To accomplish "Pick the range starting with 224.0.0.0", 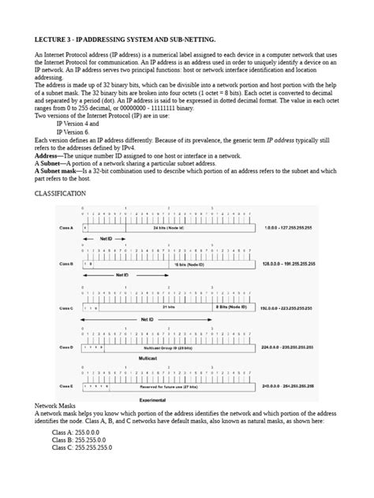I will [x=287, y=346].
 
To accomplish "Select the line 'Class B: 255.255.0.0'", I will [x=81, y=440].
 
